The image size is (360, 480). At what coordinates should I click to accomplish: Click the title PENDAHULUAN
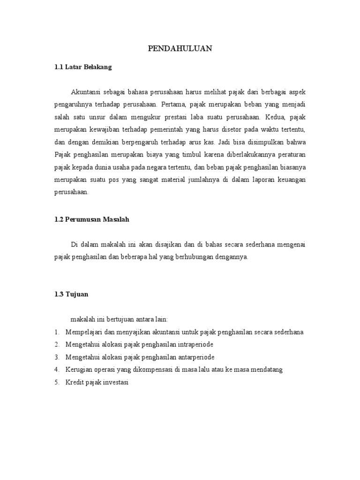click(180, 48)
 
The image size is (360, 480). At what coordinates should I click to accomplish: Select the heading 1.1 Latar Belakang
click(83, 67)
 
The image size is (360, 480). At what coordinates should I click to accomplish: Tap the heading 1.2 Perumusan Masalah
click(91, 219)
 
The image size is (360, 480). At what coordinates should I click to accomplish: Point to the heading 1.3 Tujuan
click(72, 294)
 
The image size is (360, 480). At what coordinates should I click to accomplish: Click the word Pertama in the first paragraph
click(176, 104)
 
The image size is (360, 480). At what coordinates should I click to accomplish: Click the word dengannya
click(230, 257)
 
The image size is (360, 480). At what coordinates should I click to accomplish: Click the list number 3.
click(56, 357)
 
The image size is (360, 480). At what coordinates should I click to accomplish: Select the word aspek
click(297, 91)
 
